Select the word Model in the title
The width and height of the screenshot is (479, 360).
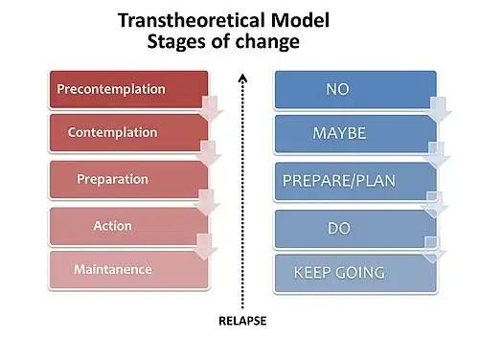pos(300,20)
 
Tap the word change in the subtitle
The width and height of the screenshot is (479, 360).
pos(267,41)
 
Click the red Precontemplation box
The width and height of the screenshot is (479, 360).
pos(128,89)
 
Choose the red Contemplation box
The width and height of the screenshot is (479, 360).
pos(128,133)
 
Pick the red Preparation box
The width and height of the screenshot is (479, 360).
pos(128,179)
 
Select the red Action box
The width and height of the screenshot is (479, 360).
pos(128,226)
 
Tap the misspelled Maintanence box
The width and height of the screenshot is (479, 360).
pos(128,270)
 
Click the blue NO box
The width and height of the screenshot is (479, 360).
pos(355,89)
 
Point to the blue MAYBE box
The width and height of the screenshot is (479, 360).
pos(355,134)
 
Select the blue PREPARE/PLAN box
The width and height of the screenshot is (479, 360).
pos(355,181)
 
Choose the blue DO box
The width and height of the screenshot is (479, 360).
pos(355,229)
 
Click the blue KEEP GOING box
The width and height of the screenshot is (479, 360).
pos(355,273)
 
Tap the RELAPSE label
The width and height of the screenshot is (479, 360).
pos(242,321)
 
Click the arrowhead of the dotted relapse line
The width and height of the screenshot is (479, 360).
pos(242,78)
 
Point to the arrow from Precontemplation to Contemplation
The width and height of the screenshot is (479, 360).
pos(211,108)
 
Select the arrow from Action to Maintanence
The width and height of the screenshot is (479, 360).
pos(205,246)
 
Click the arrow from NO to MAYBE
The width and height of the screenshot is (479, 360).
pos(439,110)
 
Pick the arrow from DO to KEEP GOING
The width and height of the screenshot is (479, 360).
pos(433,250)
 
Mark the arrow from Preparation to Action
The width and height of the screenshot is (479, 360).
pos(207,202)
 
